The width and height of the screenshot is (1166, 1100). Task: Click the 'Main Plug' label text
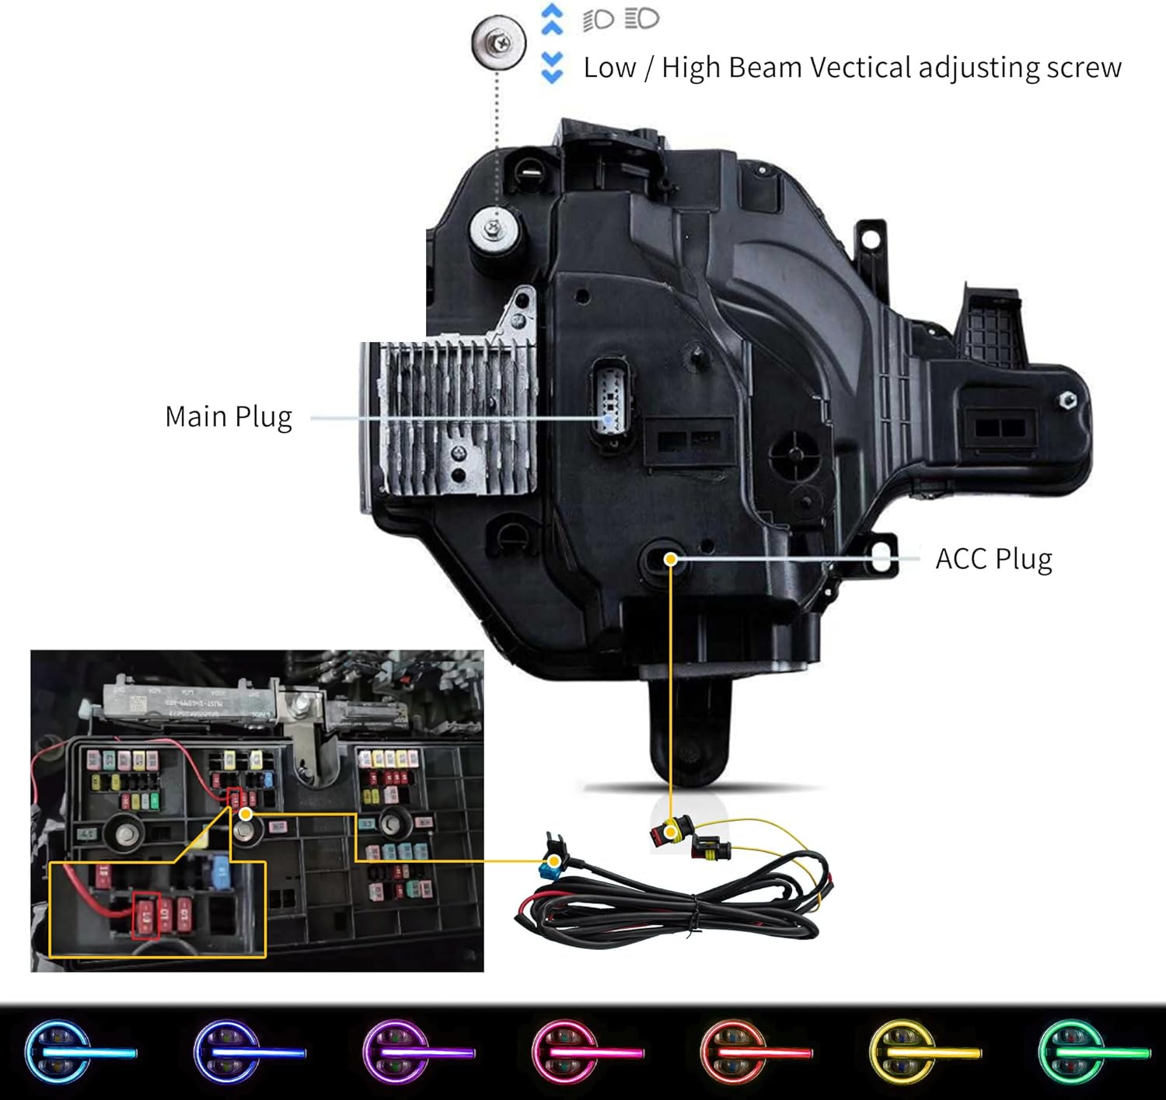pos(229,417)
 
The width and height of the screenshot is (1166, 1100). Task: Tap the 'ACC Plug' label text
pos(993,559)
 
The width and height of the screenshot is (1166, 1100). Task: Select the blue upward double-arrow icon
pos(551,20)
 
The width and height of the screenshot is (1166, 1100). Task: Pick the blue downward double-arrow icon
pos(551,67)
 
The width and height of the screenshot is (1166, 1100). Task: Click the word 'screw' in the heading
pos(1084,68)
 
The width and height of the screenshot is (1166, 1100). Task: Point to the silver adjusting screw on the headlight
pos(494,228)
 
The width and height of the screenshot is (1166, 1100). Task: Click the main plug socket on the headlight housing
pos(611,407)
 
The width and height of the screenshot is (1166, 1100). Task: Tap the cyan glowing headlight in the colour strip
pos(58,1053)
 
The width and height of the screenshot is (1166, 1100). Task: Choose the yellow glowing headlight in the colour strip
pos(904,1053)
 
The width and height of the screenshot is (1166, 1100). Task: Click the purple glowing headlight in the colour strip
pos(396,1053)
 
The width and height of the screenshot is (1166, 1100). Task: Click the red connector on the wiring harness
pos(665,835)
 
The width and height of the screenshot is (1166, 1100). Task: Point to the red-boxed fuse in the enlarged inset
pos(146,916)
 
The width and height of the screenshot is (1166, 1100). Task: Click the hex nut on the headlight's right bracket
pos(1067,400)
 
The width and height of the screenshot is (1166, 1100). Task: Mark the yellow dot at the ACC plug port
pos(670,558)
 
